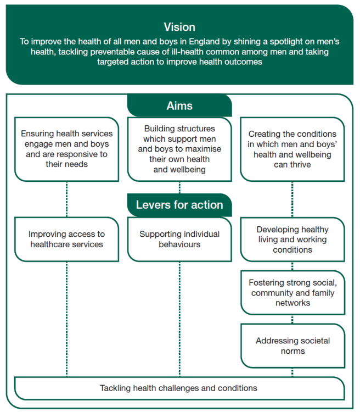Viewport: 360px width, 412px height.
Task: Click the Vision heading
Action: tap(179, 27)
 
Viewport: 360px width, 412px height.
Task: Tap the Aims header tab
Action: tap(179, 105)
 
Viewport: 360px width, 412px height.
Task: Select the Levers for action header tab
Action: tap(179, 205)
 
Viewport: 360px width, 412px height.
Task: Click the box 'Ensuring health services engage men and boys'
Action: tap(67, 149)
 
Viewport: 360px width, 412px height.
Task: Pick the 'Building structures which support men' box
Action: tap(179, 149)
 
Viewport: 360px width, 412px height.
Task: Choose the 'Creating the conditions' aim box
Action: tap(292, 149)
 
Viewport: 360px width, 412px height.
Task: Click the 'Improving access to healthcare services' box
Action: tap(67, 240)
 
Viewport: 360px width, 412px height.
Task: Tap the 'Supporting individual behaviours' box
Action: tap(179, 240)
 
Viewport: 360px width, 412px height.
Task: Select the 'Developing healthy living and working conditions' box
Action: tap(292, 240)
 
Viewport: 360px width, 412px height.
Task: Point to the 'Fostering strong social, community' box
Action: tap(293, 293)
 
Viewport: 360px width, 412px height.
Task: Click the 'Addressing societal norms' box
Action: tap(293, 346)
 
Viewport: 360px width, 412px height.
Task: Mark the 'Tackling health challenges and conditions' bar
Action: tap(179, 388)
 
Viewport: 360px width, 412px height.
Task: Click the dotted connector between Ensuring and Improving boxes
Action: tap(67, 199)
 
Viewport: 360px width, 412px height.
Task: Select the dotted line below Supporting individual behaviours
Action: tap(179, 319)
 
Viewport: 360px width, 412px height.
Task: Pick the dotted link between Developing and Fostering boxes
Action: tap(292, 266)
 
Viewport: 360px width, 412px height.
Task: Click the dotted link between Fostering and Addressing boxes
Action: tap(292, 319)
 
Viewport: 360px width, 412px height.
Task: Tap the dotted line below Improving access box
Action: tap(67, 319)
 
